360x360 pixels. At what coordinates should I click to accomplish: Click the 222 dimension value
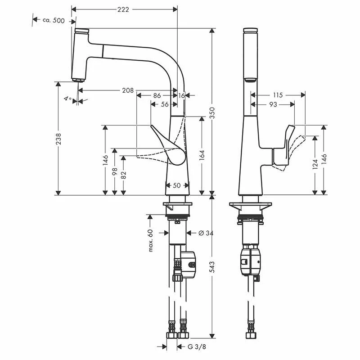123,9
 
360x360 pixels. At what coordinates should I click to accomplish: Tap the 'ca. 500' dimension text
54,20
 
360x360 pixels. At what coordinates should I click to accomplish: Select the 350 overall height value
212,113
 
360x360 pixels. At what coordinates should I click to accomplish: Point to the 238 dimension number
58,139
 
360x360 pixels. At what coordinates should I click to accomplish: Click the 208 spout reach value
128,90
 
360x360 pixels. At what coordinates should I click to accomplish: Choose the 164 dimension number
202,155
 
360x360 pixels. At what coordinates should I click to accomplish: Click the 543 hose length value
212,267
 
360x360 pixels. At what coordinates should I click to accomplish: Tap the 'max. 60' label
151,241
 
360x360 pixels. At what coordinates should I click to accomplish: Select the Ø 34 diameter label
206,233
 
